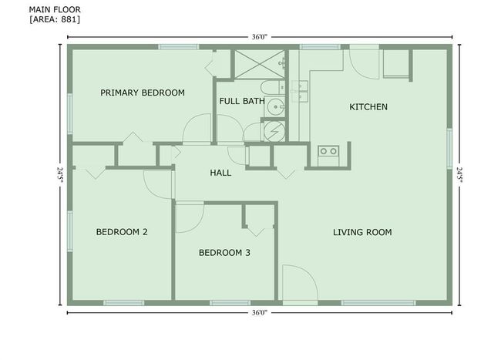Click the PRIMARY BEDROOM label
coord(143,93)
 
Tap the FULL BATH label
coord(242,101)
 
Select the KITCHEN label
coord(368,106)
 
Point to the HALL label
coord(220,173)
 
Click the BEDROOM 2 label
coord(122,232)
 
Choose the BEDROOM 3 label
coord(224,253)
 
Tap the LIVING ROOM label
coord(362,232)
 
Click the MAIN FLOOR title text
coord(55,9)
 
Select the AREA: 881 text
coord(55,19)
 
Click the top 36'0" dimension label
coord(259,37)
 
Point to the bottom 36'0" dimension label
coord(259,313)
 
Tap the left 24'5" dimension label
coord(60,175)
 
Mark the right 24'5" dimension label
coord(459,175)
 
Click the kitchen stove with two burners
coord(328,156)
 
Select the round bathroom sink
coord(275,107)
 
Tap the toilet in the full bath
coord(272,87)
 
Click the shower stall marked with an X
coord(260,64)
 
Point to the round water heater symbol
coord(274,131)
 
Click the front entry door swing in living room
coord(300,283)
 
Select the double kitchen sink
coord(300,92)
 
